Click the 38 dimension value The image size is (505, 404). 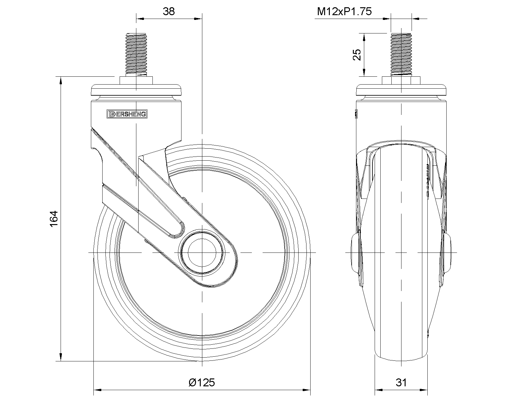[x=169, y=11]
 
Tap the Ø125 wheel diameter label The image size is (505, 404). [x=202, y=383]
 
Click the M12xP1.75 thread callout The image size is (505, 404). [x=344, y=12]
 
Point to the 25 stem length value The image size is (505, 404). [x=357, y=55]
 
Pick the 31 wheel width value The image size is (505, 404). [x=401, y=383]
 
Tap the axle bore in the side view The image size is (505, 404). [x=202, y=253]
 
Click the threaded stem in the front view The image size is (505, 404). [x=401, y=54]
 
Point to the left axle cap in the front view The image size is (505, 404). [x=355, y=252]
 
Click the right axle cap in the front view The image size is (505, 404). [x=447, y=252]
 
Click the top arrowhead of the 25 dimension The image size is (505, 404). [x=364, y=37]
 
